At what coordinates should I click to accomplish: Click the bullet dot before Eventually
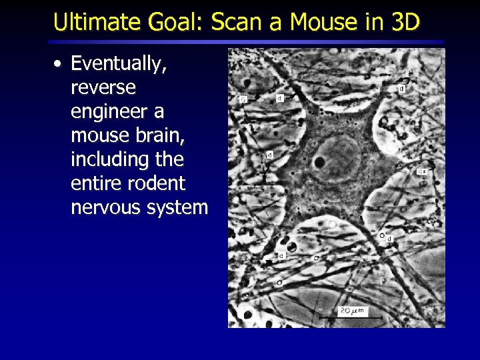point(59,64)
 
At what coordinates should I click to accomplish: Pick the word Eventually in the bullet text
point(118,65)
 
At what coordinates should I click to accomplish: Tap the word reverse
point(103,88)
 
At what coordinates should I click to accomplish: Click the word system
point(178,208)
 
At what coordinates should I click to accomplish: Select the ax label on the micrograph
point(422,171)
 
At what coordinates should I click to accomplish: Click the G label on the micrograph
point(243,99)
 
